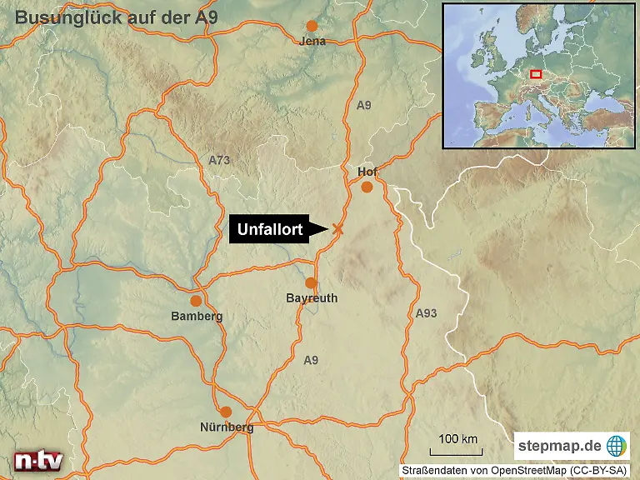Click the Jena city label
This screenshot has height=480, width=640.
coord(312,41)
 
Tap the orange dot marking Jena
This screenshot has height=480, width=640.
coord(312,26)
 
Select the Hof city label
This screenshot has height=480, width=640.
coord(367,172)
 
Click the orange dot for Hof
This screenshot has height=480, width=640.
coord(367,187)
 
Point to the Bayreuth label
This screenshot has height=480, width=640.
coord(312,297)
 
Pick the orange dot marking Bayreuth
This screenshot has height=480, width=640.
coord(311,283)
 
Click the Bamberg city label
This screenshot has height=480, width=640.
coord(197,316)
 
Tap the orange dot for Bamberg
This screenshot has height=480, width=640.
coord(196,301)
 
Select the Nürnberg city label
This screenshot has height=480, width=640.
coord(227,427)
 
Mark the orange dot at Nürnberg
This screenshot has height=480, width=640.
coord(226,412)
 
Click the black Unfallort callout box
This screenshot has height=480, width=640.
coord(270,230)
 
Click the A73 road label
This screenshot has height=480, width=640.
coord(219,159)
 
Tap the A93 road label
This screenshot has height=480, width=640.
coord(426,313)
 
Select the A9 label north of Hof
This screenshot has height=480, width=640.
coord(363,106)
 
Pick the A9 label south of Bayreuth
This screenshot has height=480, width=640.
coord(311,360)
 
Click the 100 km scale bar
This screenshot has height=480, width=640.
coord(458,447)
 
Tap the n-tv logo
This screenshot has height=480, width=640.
coord(38,461)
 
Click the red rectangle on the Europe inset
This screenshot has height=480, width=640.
coord(536,74)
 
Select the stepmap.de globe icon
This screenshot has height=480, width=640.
coord(617,446)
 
